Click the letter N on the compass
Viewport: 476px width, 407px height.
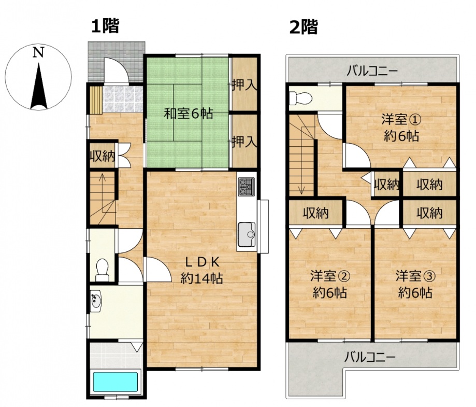coord(38,52)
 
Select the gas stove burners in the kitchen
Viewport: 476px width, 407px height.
coord(246,187)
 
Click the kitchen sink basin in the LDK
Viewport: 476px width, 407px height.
coord(247,234)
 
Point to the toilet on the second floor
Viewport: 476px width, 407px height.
coord(300,99)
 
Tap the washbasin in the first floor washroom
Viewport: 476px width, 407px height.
coord(96,301)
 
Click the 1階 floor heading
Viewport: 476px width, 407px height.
coord(105,26)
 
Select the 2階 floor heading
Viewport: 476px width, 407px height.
coord(304,27)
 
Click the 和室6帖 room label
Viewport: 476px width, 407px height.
coord(188,114)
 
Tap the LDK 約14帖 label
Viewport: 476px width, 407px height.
coord(202,270)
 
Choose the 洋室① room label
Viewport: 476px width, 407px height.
coord(401,120)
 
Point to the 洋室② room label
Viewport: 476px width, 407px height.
coord(330,276)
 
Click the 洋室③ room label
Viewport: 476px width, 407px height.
coord(415,276)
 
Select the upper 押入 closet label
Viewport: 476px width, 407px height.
coord(244,85)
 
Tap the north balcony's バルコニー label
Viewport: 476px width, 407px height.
coord(372,72)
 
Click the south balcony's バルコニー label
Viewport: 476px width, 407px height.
coord(369,357)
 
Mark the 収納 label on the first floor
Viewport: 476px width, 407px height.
coord(102,156)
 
